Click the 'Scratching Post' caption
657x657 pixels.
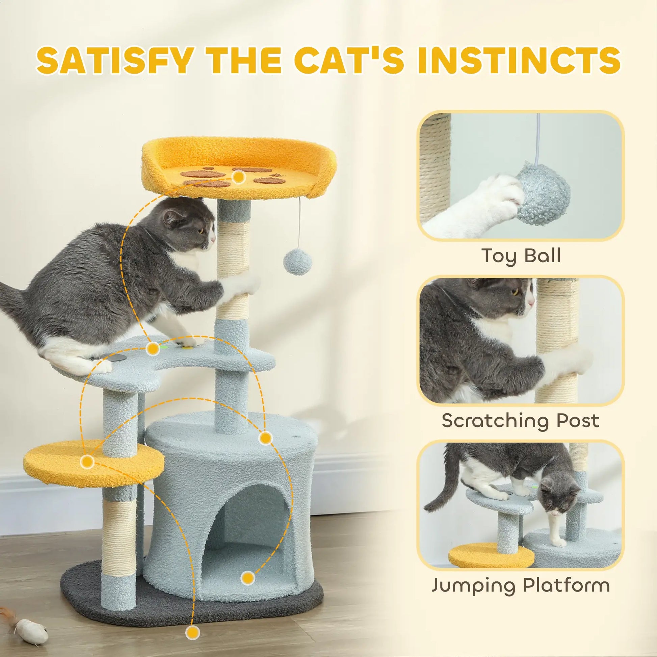coord(520,421)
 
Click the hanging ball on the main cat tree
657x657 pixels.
coord(298,261)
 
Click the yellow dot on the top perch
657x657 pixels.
coord(239,177)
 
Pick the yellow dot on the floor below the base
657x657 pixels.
coord(192,632)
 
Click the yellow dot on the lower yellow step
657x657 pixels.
coord(87,462)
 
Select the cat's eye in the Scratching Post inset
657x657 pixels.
coord(516,291)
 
